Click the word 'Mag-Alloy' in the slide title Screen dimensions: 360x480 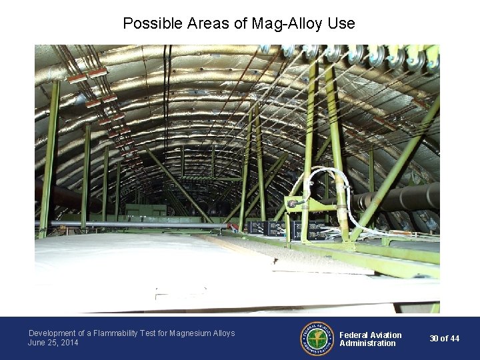[x=287, y=23]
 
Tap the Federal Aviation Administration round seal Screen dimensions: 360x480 [x=317, y=339]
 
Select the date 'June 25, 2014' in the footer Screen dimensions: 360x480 [x=53, y=343]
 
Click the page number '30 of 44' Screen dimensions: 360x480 [x=444, y=339]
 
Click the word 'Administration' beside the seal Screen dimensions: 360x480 [x=367, y=343]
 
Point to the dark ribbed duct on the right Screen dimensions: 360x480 [x=400, y=197]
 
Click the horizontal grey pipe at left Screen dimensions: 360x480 [x=133, y=225]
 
